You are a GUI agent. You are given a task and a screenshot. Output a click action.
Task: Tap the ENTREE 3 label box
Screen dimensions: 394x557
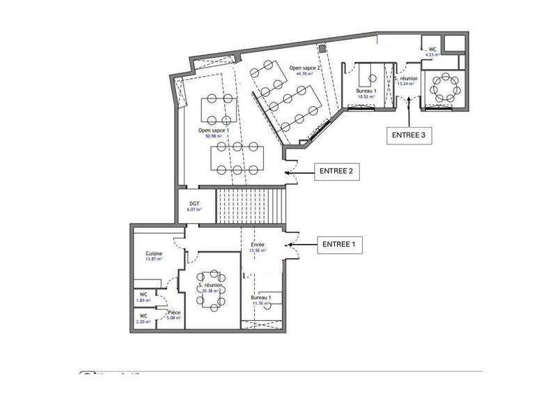[x=409, y=135]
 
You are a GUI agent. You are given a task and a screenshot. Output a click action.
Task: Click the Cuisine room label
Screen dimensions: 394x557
[x=155, y=253]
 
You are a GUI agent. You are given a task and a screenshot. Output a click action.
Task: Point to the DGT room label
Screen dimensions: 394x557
[x=194, y=203]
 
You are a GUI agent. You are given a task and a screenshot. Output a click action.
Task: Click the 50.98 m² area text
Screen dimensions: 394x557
[x=214, y=137]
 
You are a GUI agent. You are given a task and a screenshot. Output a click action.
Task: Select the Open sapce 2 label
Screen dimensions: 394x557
[x=304, y=68]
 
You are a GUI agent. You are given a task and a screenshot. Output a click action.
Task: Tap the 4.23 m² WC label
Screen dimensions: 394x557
[x=432, y=53]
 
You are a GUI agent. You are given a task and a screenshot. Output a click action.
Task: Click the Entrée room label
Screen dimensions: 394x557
[x=258, y=244]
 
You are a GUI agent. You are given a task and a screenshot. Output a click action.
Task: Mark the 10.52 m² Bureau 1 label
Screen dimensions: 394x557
[x=366, y=93]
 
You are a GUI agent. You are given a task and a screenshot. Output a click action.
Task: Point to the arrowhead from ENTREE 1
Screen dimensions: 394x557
[x=288, y=245]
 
